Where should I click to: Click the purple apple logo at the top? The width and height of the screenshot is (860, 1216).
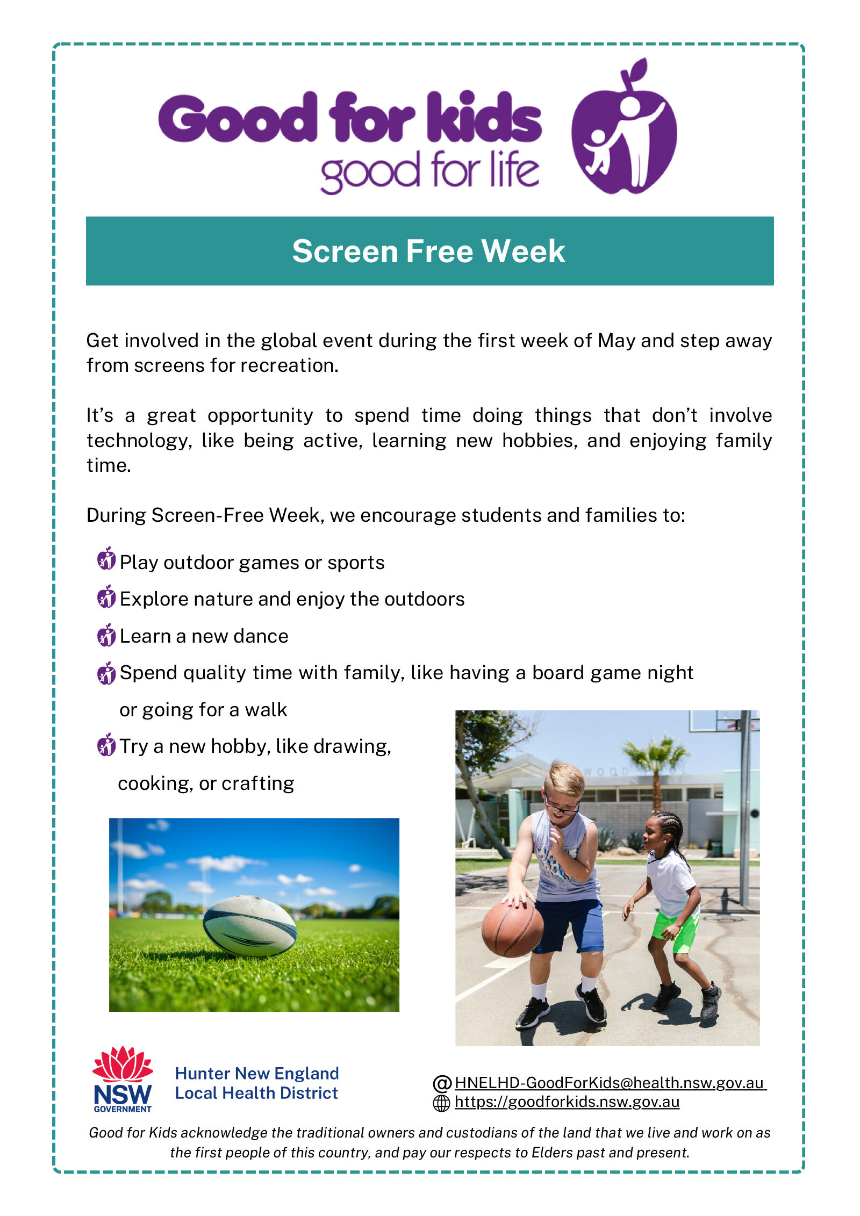pos(623,129)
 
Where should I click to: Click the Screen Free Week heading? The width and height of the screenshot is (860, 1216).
pos(428,251)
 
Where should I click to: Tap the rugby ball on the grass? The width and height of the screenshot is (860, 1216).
pos(249,926)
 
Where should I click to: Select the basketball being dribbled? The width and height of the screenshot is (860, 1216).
pos(512,929)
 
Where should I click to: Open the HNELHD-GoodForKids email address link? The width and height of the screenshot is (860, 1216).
pos(610,1083)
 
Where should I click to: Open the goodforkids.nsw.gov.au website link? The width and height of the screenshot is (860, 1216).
pos(567,1102)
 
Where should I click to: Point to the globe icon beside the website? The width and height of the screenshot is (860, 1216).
pos(441,1103)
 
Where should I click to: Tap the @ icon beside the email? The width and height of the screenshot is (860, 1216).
pos(442,1083)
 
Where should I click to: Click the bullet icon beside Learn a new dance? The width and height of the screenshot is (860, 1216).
pos(106,635)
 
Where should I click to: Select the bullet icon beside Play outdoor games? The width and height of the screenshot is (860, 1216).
pos(106,559)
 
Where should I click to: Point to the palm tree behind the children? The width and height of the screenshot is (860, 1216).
pos(656,768)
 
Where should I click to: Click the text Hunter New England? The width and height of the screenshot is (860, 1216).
pos(257,1074)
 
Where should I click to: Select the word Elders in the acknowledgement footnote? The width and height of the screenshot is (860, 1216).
pos(550,1153)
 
